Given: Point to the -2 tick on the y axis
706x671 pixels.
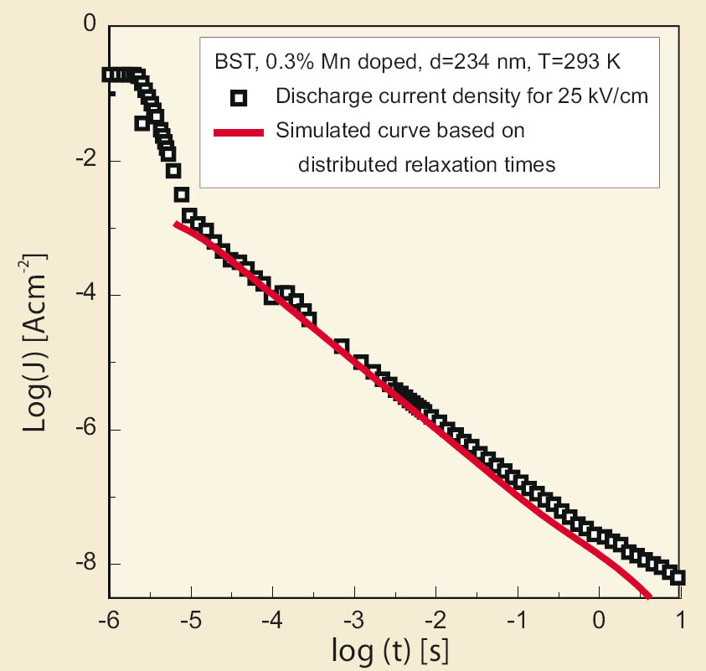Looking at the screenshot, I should click(x=84, y=161).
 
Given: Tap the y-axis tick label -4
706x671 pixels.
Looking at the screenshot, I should click(x=84, y=295).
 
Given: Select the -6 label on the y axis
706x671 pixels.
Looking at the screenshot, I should click(x=84, y=430).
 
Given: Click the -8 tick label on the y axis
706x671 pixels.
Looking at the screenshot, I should click(x=84, y=564).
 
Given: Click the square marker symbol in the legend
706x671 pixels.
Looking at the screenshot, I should click(x=240, y=98).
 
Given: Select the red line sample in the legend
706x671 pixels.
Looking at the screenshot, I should click(x=239, y=132).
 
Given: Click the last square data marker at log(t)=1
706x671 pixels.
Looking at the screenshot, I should click(x=678, y=577).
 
